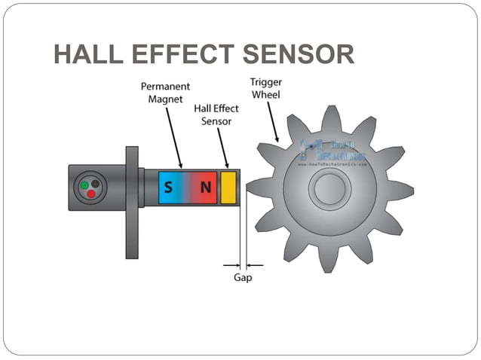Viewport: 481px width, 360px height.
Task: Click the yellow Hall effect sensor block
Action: tap(228, 188)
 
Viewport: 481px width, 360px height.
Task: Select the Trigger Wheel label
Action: tap(265, 88)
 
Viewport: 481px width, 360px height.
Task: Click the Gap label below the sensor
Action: tap(243, 278)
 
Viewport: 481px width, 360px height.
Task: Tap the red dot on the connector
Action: tap(90, 194)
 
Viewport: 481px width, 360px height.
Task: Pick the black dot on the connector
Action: tap(96, 183)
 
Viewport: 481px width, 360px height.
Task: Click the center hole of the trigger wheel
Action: tap(329, 188)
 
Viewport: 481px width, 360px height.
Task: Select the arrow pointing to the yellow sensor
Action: tap(222, 147)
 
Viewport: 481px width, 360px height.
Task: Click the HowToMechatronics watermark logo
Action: tap(332, 151)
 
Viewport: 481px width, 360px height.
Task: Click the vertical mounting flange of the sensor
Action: tap(132, 202)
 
